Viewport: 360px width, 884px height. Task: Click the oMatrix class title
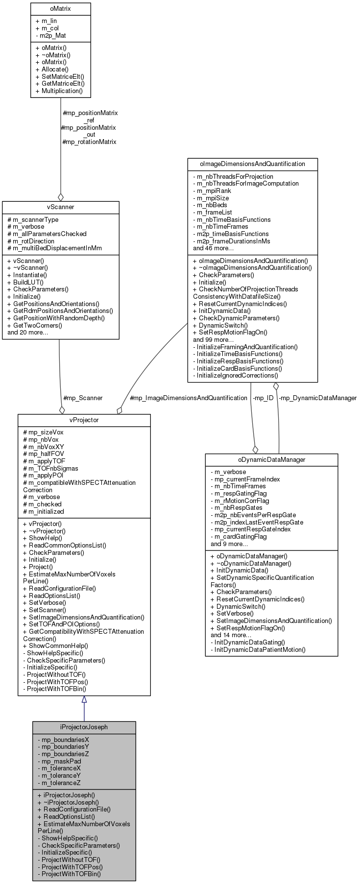(61, 8)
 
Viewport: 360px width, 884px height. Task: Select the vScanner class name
(61, 207)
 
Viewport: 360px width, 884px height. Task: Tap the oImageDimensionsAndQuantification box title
(252, 164)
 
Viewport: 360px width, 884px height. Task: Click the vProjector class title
(84, 421)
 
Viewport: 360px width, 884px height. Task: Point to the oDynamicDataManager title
(271, 460)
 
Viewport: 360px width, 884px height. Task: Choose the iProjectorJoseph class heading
(84, 727)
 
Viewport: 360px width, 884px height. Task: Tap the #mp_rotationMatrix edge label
(89, 142)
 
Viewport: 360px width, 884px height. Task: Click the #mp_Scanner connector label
(83, 398)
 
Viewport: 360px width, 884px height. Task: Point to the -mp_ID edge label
(263, 398)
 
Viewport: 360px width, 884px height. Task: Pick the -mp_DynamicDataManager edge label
(317, 398)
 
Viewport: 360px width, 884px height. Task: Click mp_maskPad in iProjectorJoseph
(59, 761)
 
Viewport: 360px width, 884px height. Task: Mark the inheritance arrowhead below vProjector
(84, 700)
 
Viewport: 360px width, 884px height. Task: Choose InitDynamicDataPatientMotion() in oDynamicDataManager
(258, 649)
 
